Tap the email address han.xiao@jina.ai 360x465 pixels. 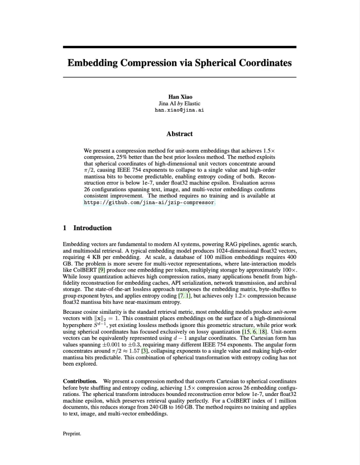click(x=179, y=110)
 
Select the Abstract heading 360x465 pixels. click(x=179, y=134)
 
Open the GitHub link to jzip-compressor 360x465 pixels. click(x=149, y=202)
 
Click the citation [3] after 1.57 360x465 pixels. click(x=145, y=351)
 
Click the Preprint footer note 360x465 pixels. click(x=72, y=434)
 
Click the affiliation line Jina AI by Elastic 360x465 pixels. click(x=179, y=104)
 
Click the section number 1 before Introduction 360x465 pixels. click(x=65, y=228)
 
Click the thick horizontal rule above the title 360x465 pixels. click(x=179, y=47)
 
